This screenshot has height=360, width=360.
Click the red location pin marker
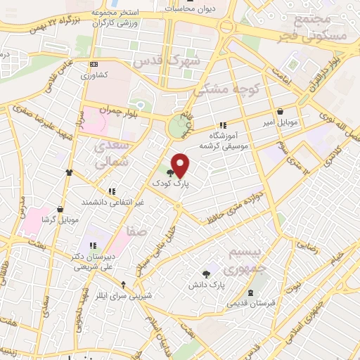181,165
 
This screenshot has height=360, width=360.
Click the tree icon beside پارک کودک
171,172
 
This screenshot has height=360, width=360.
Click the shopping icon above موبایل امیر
281,111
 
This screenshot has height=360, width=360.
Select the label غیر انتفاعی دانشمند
110,202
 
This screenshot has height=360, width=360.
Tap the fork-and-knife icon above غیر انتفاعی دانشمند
111,191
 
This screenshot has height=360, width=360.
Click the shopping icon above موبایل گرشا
60,209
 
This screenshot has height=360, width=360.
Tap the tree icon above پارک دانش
205,274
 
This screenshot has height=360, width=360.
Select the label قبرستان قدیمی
250,303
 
